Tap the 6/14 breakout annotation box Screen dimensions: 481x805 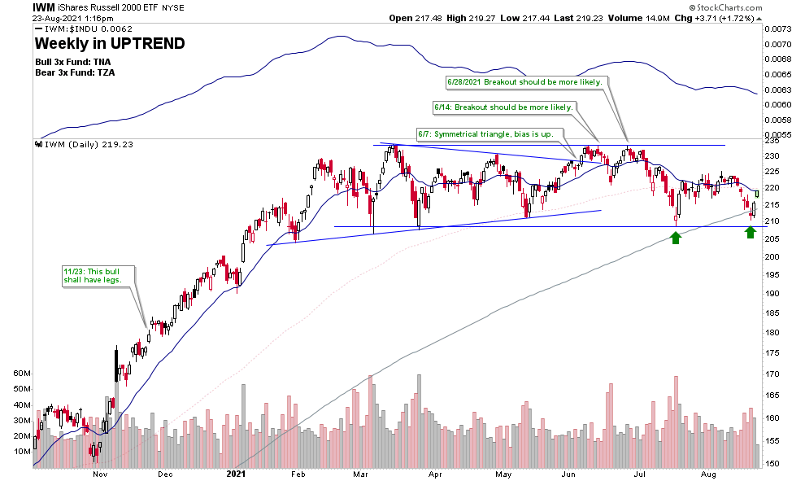click(503, 107)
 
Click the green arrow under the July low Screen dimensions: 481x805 click(676, 237)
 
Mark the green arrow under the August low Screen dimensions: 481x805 click(751, 233)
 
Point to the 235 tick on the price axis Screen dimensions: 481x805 click(772, 141)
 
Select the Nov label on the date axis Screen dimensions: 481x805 click(101, 473)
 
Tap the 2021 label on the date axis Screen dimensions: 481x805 click(235, 473)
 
